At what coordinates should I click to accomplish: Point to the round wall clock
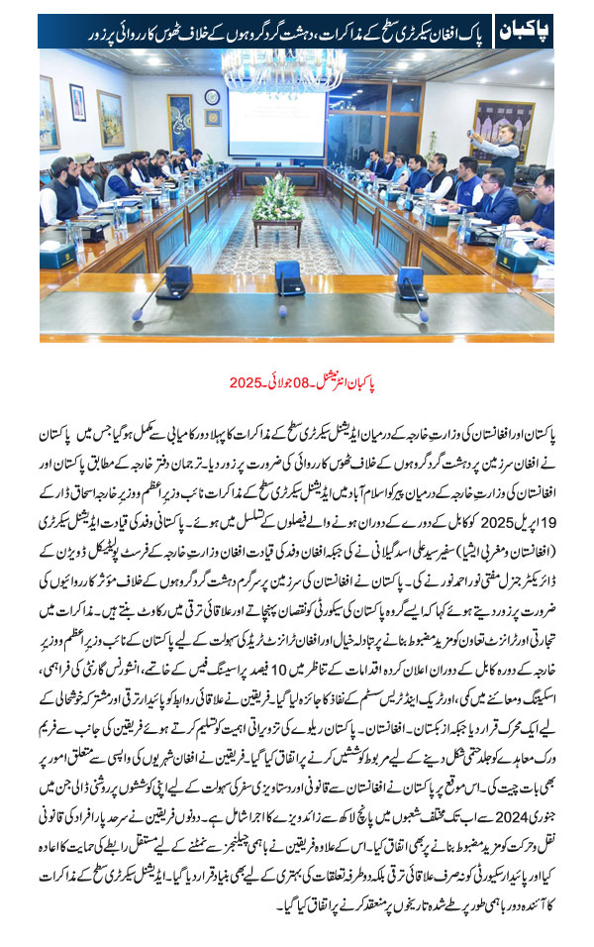(212, 96)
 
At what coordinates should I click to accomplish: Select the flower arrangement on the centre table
(277, 198)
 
